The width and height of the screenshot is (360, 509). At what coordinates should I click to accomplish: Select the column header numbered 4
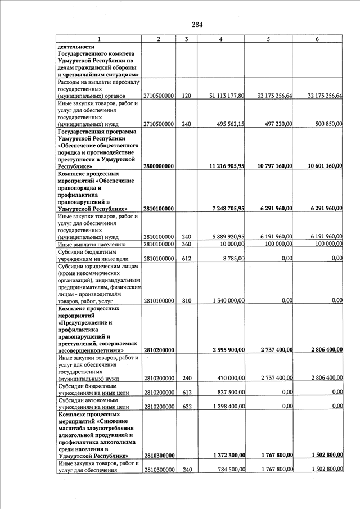(x=220, y=39)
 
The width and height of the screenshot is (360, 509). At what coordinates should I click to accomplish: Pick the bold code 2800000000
(x=159, y=166)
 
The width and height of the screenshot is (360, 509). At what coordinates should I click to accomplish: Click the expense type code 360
(x=186, y=244)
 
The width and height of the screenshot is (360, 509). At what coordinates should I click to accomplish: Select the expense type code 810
(x=186, y=300)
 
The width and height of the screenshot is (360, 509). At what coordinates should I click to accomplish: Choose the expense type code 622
(x=186, y=406)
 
